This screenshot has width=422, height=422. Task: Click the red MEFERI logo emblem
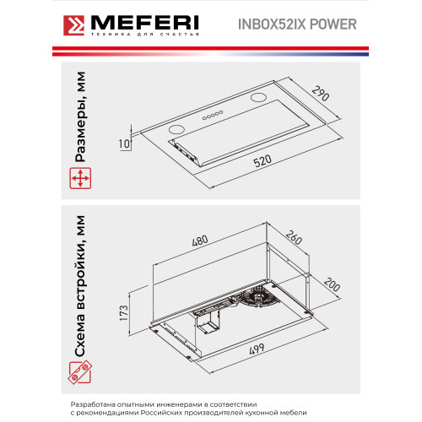[73, 25]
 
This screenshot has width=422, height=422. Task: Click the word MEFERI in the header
[145, 23]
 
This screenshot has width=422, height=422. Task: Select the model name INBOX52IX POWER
[297, 24]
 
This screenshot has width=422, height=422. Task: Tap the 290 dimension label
[321, 94]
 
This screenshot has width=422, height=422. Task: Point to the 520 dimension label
[262, 161]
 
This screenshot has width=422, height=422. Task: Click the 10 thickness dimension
[124, 143]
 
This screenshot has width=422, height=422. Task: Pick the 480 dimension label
[200, 241]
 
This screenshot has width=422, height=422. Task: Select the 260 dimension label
[294, 237]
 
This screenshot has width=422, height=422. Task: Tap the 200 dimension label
[332, 284]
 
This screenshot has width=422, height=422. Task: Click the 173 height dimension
[123, 312]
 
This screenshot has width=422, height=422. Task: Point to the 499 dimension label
[257, 349]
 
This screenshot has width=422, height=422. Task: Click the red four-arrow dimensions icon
[80, 178]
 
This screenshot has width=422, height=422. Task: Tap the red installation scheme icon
[80, 372]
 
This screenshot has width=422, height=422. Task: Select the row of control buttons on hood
[213, 115]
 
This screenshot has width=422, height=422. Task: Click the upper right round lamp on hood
[258, 97]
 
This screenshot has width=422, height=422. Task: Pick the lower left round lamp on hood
[176, 129]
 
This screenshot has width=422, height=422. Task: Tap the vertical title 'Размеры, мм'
[80, 116]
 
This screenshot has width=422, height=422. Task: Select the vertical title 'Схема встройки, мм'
[80, 286]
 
